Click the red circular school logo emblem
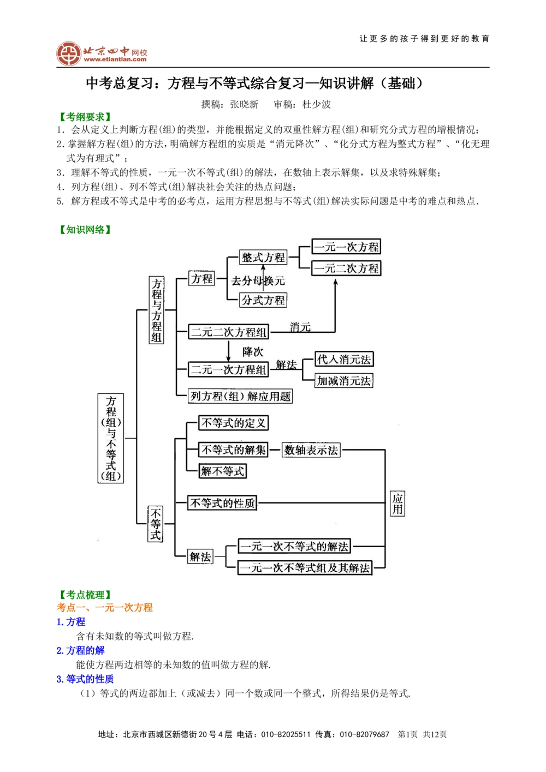tap(69, 53)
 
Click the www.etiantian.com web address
tap(115, 59)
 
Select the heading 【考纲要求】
tap(85, 117)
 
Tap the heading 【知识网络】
tap(85, 230)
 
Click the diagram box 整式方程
tap(263, 258)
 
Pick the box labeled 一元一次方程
tap(346, 247)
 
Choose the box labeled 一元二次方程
tap(346, 268)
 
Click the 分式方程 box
tap(263, 300)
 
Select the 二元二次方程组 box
tap(229, 332)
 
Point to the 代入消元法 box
tap(344, 360)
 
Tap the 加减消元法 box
tap(344, 381)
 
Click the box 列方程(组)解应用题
tap(240, 396)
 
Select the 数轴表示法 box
tap(311, 450)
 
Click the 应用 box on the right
tap(397, 504)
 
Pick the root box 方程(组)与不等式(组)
tap(111, 439)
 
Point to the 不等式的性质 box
tap(222, 503)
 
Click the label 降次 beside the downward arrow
tap(253, 352)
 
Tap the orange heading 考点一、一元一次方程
tap(105, 607)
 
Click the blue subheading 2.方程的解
tap(80, 650)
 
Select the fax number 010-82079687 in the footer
tap(364, 734)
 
